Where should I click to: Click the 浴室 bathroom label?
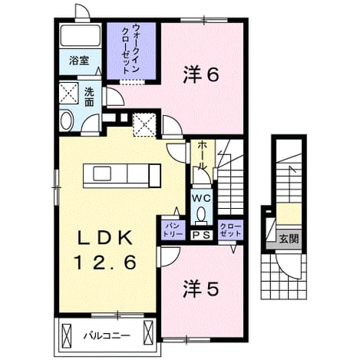79,61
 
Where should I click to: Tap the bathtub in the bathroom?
80,35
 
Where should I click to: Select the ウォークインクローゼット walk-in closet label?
130,49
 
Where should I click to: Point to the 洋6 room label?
201,75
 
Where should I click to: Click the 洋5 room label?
201,289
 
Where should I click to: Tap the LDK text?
105,239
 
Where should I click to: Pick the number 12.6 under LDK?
105,263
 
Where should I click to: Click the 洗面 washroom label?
89,97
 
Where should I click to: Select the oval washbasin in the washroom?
67,121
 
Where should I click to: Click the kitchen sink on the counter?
102,173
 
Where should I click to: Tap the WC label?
201,199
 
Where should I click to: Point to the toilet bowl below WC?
201,213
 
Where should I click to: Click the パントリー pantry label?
173,230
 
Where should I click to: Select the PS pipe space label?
201,234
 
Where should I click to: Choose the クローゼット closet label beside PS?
230,230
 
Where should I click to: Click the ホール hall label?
203,156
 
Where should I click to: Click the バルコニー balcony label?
107,335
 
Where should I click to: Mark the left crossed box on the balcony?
66,332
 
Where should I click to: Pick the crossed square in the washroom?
68,93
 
